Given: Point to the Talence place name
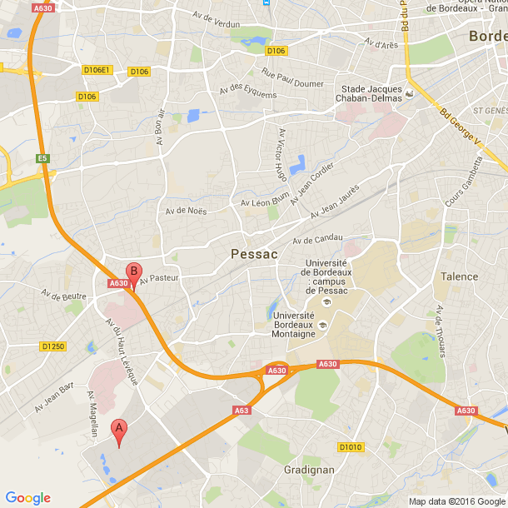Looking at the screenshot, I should [459, 276].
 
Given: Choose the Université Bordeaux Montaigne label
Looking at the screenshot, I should [293, 325].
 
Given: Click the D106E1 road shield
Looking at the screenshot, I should [97, 70].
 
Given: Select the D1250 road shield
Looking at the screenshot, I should [52, 346].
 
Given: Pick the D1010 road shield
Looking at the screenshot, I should [351, 447].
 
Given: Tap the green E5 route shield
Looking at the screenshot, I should [42, 158].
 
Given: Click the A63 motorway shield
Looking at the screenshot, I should [242, 410].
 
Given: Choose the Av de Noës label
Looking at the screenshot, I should [186, 211].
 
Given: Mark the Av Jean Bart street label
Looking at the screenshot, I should [55, 397].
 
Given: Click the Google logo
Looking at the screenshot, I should [28, 498].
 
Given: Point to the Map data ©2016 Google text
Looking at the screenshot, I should [456, 501].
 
